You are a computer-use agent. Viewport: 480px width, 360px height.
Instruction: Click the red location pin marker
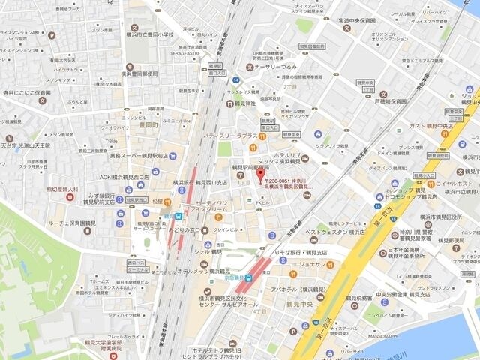[261, 176]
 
